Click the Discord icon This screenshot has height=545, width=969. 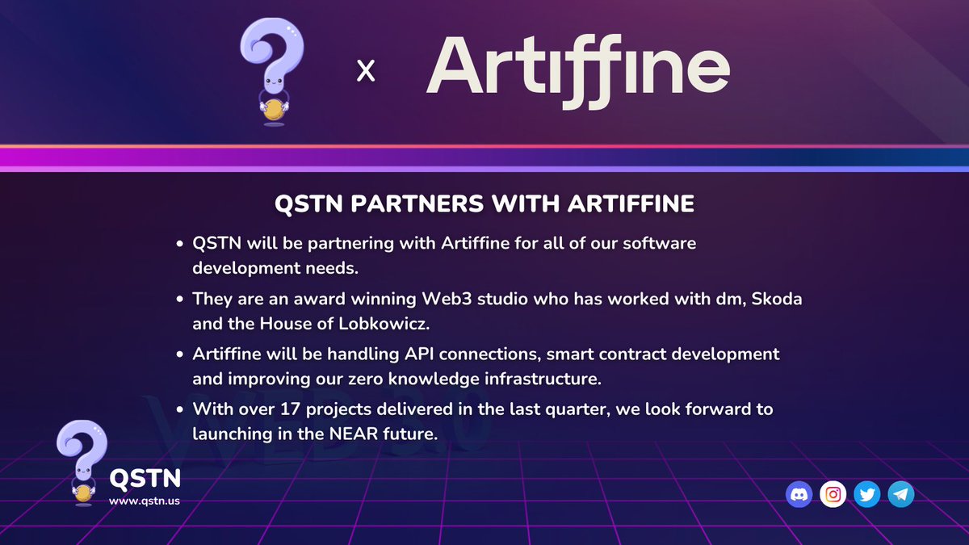pos(799,494)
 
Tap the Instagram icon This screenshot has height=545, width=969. pos(833,494)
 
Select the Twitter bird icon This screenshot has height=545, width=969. pos(867,494)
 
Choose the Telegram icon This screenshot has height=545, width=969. pos(900,494)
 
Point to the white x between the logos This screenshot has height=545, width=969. pos(366,72)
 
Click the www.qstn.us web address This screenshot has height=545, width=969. pos(145,501)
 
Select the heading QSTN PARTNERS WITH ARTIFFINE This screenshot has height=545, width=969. pos(484,204)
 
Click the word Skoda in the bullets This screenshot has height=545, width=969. pos(777,298)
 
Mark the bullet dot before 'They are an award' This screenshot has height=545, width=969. pos(179,299)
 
